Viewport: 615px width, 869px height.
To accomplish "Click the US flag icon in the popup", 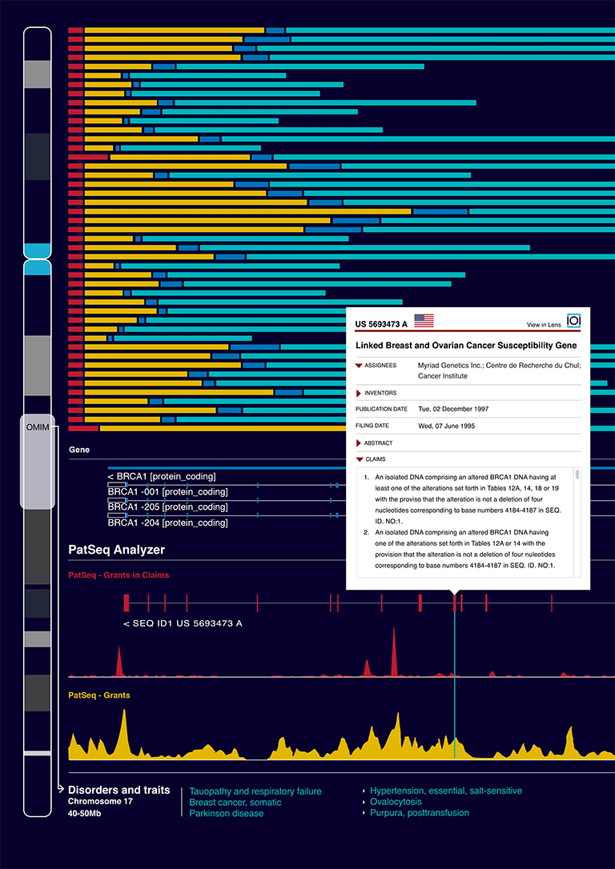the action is tap(424, 320).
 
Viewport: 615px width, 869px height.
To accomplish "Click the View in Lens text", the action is tap(544, 325).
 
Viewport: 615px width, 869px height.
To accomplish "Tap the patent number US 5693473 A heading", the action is tap(381, 323).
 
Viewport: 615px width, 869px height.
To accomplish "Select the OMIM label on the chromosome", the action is tap(38, 428).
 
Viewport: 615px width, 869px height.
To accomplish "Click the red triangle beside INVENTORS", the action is tap(359, 393).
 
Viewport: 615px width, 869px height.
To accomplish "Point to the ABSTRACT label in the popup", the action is tap(378, 443).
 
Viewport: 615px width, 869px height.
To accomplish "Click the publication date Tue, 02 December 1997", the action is tap(453, 409).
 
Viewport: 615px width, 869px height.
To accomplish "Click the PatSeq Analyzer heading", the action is tap(116, 551).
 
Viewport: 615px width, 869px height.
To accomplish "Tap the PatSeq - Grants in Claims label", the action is tap(119, 575).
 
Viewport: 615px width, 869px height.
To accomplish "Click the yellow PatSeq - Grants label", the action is tap(99, 695).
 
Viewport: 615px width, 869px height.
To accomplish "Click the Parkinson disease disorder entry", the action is tap(227, 814).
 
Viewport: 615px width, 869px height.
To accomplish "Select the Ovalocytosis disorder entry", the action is tap(396, 802).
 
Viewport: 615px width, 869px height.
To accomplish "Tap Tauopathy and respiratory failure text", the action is tap(255, 791).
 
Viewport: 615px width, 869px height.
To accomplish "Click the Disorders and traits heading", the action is tap(119, 791).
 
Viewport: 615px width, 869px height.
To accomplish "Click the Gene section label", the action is tap(78, 450).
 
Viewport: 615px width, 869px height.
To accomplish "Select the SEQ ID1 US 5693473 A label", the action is tap(183, 623).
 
